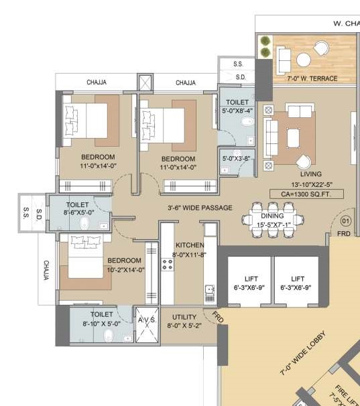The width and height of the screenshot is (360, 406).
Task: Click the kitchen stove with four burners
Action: coord(168,265)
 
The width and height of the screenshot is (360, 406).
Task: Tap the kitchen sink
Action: coord(210,292)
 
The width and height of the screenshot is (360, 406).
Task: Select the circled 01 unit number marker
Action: coord(345,221)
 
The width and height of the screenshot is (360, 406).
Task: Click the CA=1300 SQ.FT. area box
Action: coord(306,194)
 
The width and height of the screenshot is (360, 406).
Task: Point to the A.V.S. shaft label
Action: coord(147,320)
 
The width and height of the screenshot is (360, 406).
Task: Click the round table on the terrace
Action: coord(304,60)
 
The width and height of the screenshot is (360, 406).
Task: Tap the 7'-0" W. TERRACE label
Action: coord(312,78)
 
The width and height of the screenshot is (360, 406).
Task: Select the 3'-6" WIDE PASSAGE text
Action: coord(200,208)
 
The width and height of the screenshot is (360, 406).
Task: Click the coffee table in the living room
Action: coord(293,139)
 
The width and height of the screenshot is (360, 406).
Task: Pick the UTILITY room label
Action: coord(184,317)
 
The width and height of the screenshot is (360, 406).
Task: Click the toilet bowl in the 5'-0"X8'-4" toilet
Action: coord(247,121)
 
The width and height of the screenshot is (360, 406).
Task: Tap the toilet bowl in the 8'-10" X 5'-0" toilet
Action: coord(109,336)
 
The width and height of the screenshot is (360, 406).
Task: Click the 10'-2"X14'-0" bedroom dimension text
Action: coord(126,270)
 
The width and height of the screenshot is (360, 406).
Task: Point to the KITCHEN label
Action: coord(190,245)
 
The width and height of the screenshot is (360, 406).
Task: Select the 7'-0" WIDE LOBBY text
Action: coord(303,353)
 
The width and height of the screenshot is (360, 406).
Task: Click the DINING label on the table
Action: coord(272,216)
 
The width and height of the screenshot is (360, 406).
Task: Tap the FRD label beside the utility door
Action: coord(217,317)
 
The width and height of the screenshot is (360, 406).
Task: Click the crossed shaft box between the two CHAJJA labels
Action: coord(145,82)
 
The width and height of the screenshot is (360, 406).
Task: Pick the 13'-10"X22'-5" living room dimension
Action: coord(312,185)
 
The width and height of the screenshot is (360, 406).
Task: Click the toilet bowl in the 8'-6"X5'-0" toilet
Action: coord(84,224)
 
